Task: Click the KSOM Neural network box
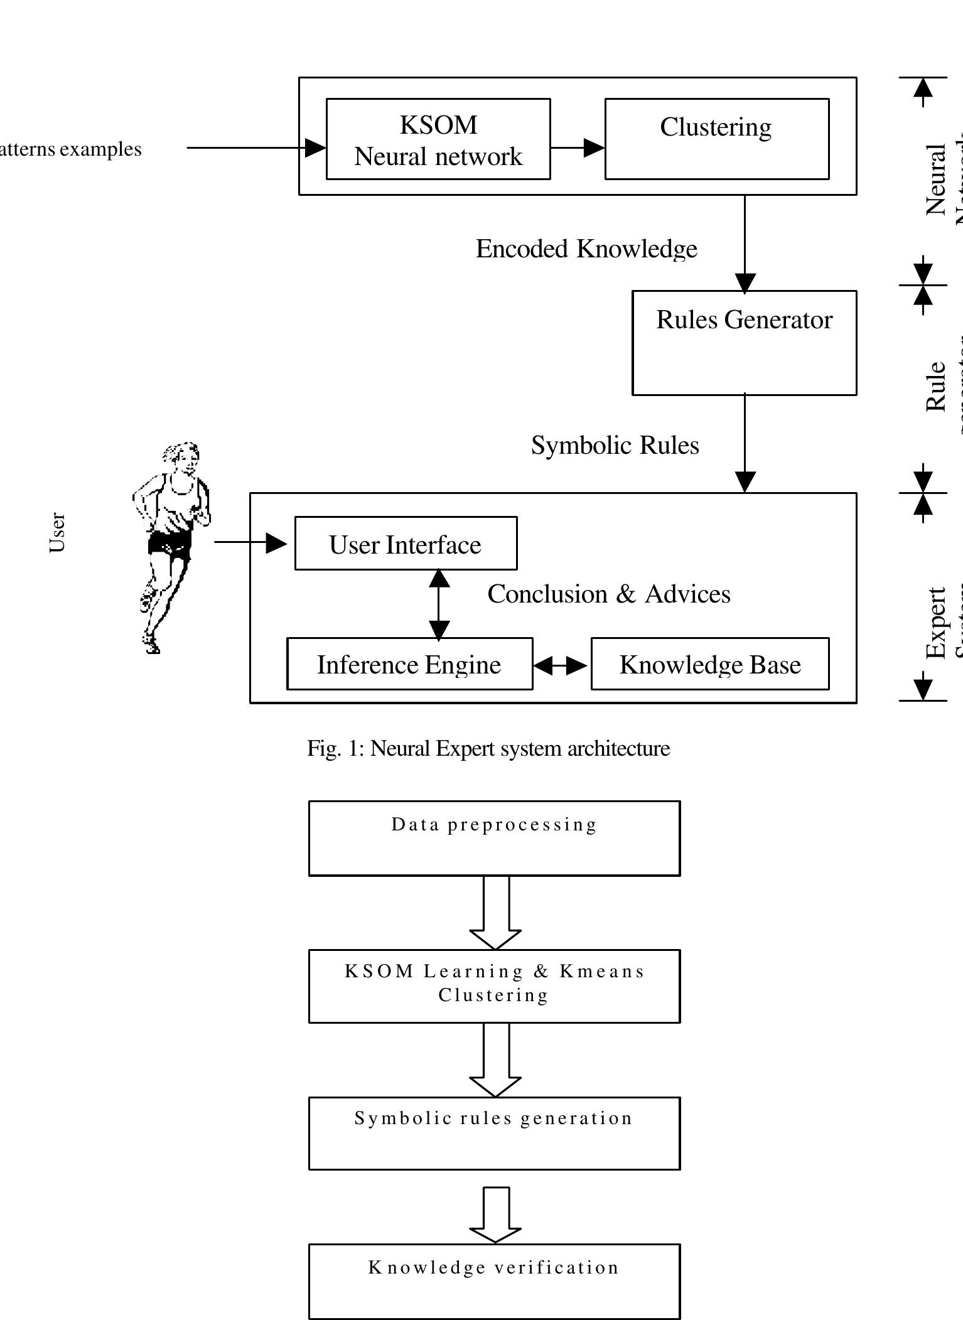[x=438, y=139]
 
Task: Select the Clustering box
[x=716, y=139]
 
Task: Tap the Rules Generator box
[x=744, y=343]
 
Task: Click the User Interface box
[x=406, y=544]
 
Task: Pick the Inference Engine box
[x=409, y=664]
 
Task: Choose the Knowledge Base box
[x=710, y=664]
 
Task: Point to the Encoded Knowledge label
[x=586, y=249]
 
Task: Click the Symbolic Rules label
[x=615, y=446]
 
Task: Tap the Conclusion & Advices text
[x=608, y=594]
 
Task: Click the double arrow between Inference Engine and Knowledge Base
[x=561, y=665]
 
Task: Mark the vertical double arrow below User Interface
[x=439, y=604]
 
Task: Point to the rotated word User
[x=57, y=532]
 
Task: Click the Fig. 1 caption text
[x=488, y=748]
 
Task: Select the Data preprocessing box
[x=494, y=838]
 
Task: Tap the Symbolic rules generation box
[x=494, y=1133]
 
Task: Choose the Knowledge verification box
[x=494, y=1280]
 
